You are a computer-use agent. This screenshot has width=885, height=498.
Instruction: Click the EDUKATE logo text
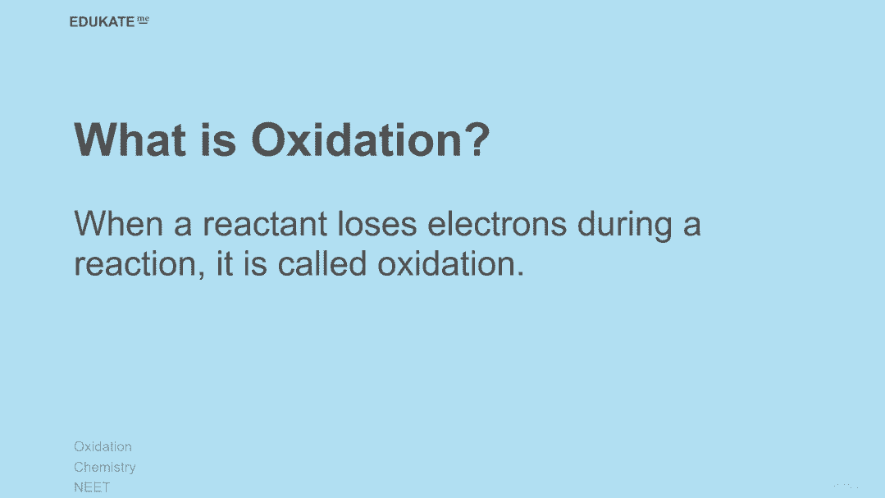tap(103, 22)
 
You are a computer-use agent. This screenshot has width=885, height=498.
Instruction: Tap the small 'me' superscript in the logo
tap(144, 20)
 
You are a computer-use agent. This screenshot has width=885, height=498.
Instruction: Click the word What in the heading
tap(130, 139)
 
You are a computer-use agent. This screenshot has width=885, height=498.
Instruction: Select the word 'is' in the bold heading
tap(218, 139)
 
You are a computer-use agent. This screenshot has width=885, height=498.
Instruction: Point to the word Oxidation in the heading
tap(357, 139)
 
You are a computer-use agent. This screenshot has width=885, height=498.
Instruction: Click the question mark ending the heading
tap(477, 139)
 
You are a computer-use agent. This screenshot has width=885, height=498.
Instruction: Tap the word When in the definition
tap(119, 224)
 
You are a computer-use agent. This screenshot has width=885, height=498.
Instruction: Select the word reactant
tap(265, 224)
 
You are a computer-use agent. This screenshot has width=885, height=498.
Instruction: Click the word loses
tap(377, 224)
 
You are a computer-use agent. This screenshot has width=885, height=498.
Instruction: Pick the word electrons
tap(497, 224)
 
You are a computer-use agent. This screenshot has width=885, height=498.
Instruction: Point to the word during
tap(625, 226)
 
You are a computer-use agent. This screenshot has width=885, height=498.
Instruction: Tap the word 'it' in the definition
tap(225, 263)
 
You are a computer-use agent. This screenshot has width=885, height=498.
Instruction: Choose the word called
tap(322, 263)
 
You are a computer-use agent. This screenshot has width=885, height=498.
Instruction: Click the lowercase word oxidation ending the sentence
tap(446, 263)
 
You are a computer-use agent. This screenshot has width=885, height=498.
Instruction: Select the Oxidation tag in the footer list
tap(103, 446)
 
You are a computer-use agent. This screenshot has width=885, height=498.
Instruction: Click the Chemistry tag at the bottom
tap(105, 467)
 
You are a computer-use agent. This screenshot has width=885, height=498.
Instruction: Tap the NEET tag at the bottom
tap(92, 487)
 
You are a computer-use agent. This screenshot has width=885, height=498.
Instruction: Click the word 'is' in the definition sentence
tap(255, 263)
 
